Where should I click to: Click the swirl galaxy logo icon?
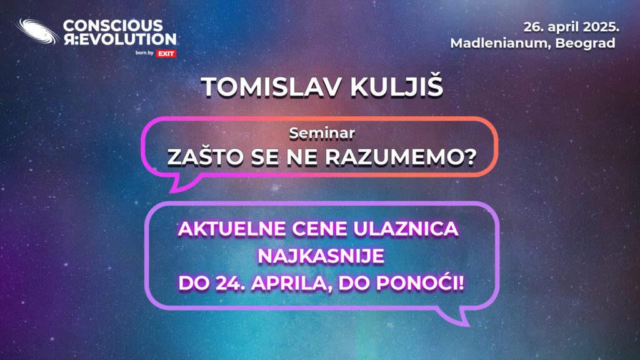[37, 31]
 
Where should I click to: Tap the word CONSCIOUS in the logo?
[113, 26]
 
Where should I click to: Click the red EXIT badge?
[166, 54]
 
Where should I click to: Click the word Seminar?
[322, 133]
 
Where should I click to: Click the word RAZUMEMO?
[401, 157]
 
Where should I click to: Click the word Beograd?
[585, 44]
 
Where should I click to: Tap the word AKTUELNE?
[232, 229]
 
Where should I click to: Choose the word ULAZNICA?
[406, 229]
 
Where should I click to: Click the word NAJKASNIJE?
[321, 256]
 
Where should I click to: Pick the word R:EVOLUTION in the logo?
[119, 39]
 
